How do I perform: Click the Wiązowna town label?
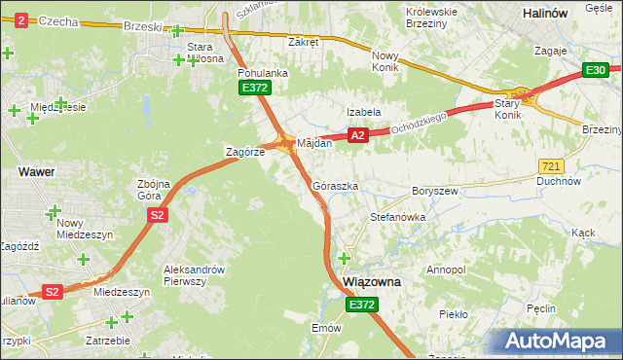[373, 281]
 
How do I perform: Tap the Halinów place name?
[572, 14]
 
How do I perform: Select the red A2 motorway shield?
[358, 136]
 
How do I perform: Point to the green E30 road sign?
[596, 70]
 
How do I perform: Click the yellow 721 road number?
[550, 167]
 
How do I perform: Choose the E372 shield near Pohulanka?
[255, 89]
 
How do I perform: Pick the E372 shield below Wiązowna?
[361, 305]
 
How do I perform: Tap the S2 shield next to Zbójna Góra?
[159, 216]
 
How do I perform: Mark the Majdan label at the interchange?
[314, 143]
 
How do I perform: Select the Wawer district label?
[36, 171]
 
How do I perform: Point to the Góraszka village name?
[336, 185]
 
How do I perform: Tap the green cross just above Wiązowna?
[344, 258]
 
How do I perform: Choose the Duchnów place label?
[560, 181]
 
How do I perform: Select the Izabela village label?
[363, 112]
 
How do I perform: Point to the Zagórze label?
[244, 153]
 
